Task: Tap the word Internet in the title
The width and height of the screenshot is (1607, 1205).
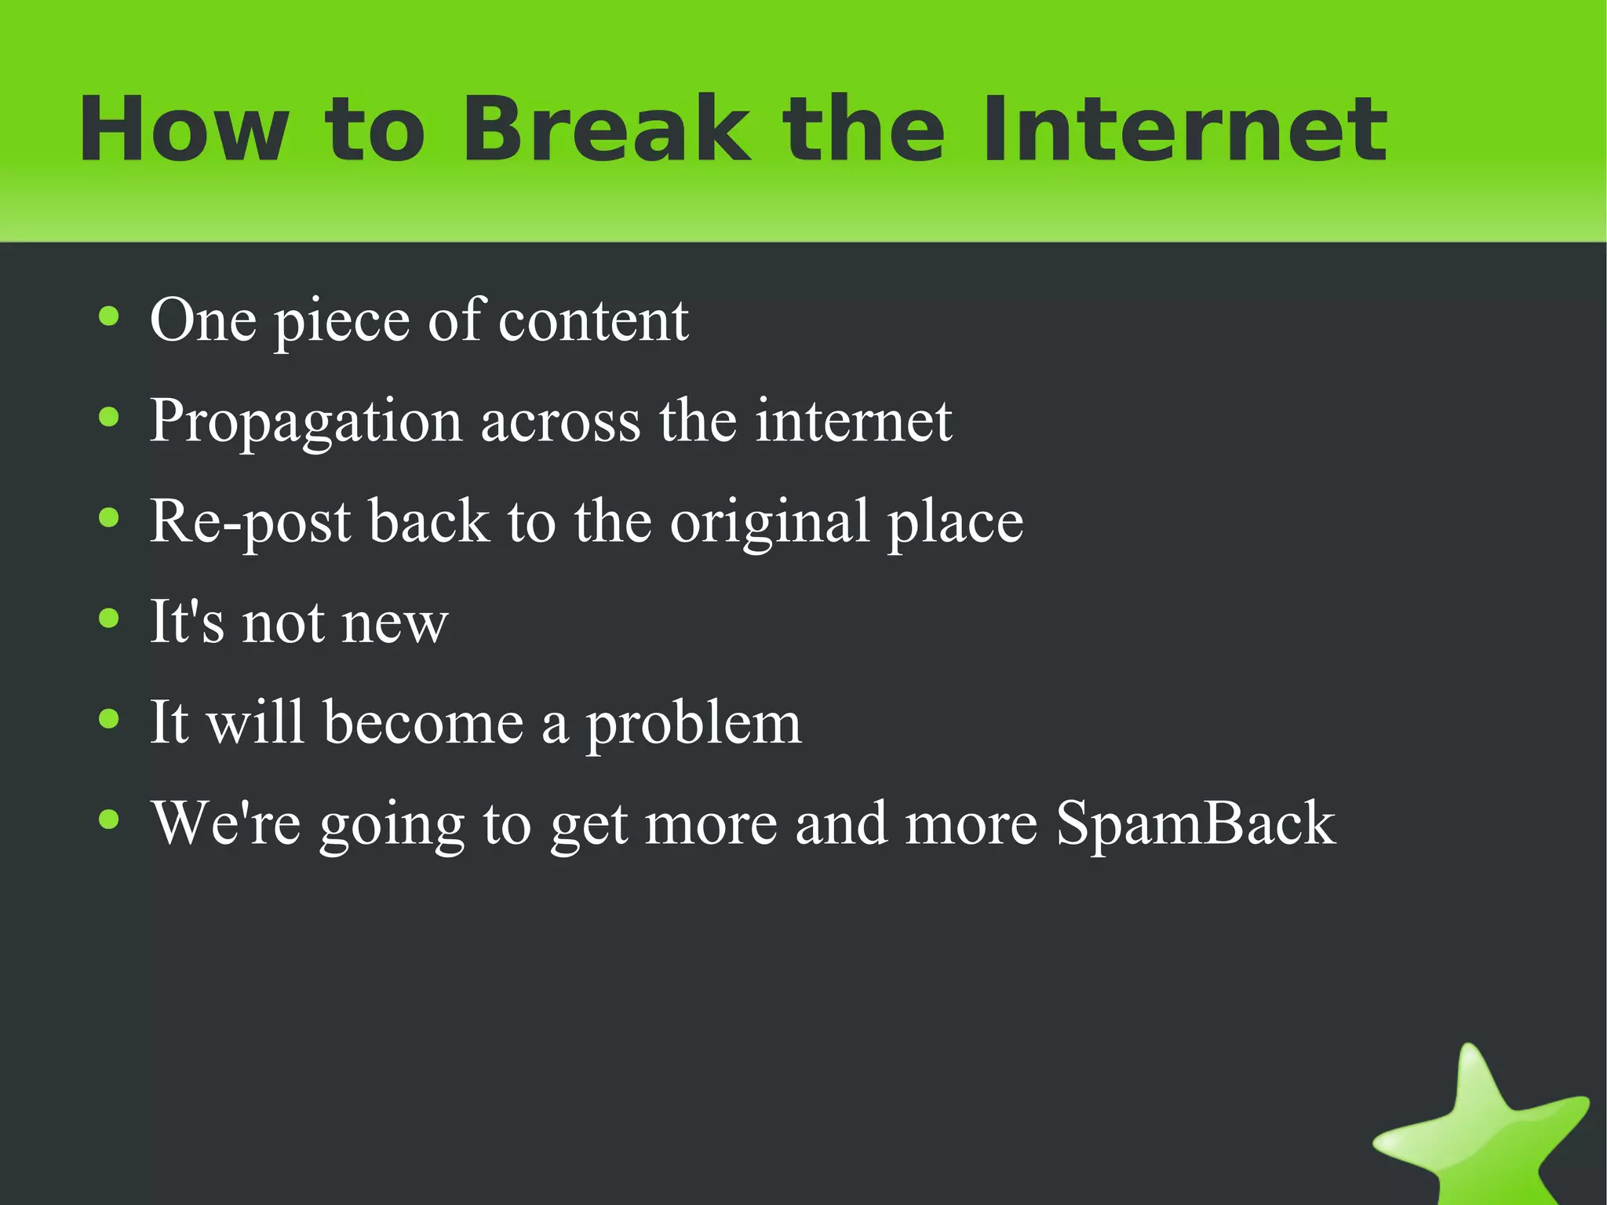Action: tap(1185, 130)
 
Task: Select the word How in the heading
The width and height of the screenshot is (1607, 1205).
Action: tap(184, 130)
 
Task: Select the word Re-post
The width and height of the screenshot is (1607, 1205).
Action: tap(250, 522)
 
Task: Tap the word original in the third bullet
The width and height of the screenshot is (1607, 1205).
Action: tap(769, 522)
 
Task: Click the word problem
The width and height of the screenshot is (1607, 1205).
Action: tap(694, 723)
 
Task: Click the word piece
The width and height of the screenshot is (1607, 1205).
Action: tap(341, 322)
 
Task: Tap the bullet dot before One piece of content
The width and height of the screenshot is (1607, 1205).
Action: tap(109, 317)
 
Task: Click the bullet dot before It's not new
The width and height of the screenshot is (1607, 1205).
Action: tap(109, 619)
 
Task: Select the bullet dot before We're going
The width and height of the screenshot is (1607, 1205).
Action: tap(109, 820)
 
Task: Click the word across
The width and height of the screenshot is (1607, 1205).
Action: tap(560, 422)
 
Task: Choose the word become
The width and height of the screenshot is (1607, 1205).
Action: tap(423, 722)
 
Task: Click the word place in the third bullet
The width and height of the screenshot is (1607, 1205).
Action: tap(955, 522)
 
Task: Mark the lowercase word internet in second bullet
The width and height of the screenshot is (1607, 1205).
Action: tap(854, 422)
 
